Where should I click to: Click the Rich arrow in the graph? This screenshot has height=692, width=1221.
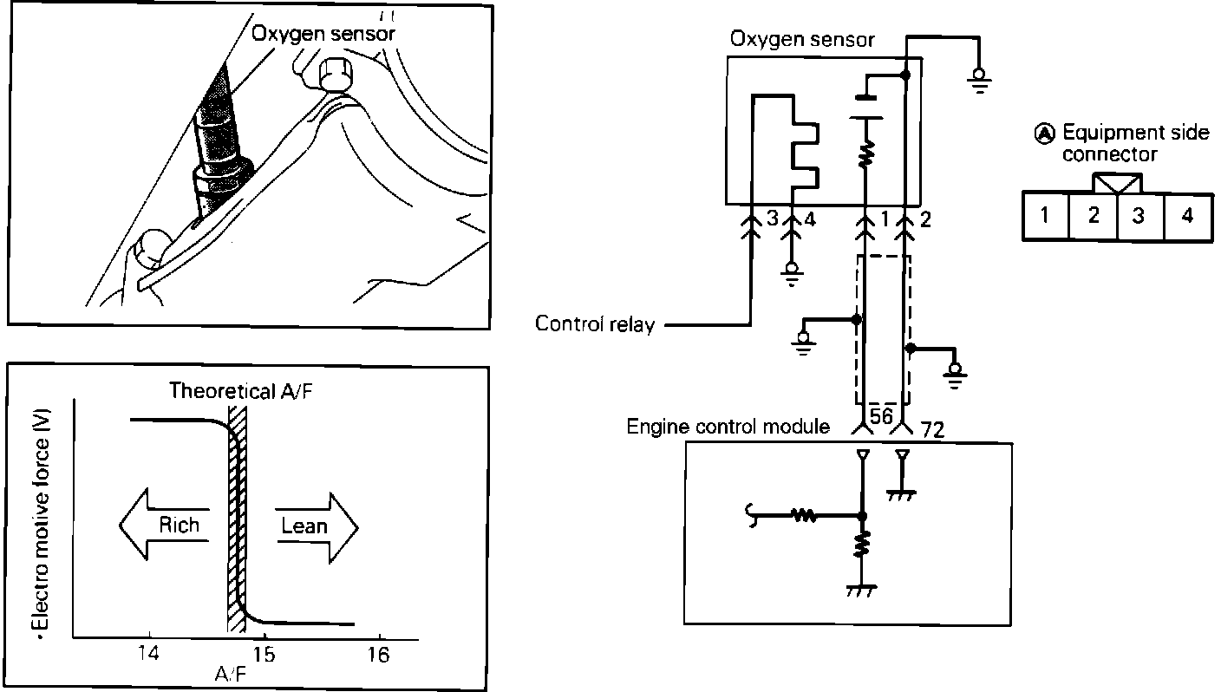[164, 525]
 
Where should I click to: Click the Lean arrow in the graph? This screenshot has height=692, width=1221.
[317, 527]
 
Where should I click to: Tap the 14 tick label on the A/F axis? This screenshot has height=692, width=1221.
[148, 653]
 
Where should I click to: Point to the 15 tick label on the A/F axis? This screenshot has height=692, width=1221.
[264, 654]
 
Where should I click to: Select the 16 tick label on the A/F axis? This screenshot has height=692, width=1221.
[378, 654]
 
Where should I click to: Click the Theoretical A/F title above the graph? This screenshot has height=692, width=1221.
[241, 391]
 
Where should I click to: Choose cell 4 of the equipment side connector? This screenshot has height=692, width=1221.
[1188, 216]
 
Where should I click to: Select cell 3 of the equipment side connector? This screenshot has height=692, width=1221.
[1140, 216]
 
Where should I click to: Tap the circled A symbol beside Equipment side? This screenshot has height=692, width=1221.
[1044, 134]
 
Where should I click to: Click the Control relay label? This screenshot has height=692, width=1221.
[595, 324]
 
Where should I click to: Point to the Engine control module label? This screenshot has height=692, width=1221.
[728, 426]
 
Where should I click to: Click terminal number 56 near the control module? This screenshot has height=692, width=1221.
[881, 415]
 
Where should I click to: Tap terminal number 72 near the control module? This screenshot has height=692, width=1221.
[932, 430]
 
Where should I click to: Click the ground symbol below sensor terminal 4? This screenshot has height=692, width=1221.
[792, 275]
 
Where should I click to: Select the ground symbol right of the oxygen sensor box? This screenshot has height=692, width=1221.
[980, 81]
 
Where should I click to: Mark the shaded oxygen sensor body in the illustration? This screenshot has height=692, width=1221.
[221, 141]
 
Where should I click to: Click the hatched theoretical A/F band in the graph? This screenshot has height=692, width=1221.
[237, 519]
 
